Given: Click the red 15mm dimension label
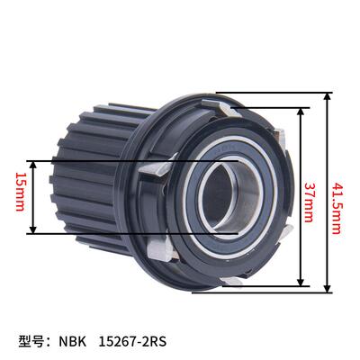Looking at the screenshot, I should pos(19,198).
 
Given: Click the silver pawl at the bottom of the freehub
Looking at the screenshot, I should pos(229,281).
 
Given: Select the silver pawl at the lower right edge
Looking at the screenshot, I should pos(281,236).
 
